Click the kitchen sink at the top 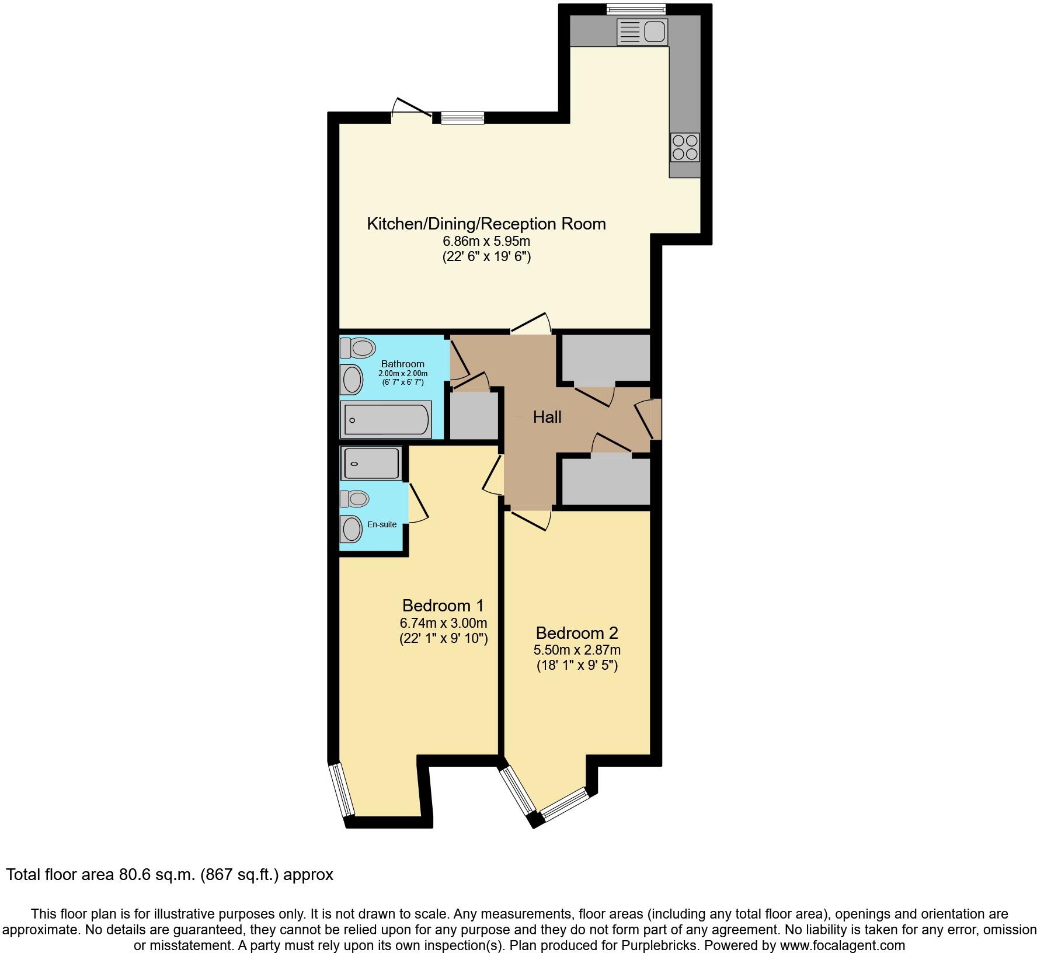click(642, 32)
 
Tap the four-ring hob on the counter click(685, 147)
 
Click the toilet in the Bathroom click(357, 349)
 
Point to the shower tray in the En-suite click(371, 464)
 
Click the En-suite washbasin click(352, 529)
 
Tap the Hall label click(547, 417)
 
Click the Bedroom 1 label click(443, 606)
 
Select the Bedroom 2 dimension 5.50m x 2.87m click(576, 650)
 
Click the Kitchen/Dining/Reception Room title click(486, 224)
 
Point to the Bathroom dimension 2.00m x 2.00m click(403, 374)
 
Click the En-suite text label click(382, 524)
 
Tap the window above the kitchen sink click(636, 9)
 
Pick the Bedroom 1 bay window click(342, 790)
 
